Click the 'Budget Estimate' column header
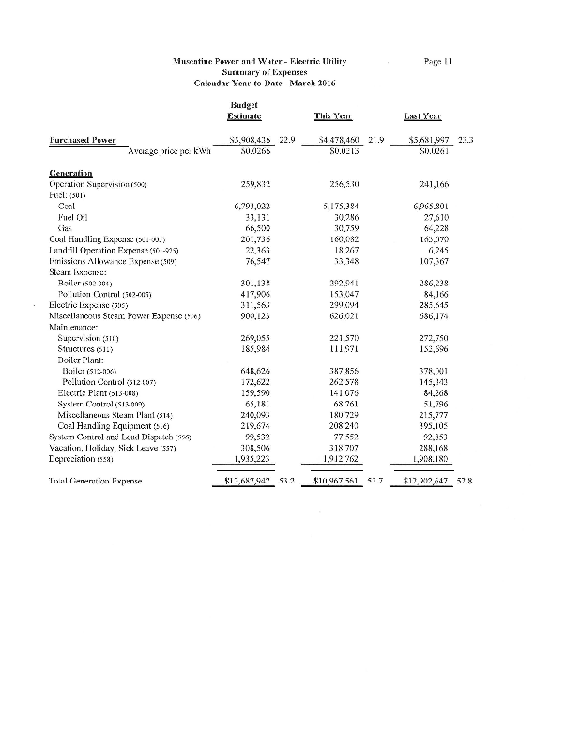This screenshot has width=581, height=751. point(243,111)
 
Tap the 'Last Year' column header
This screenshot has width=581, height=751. point(423,116)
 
